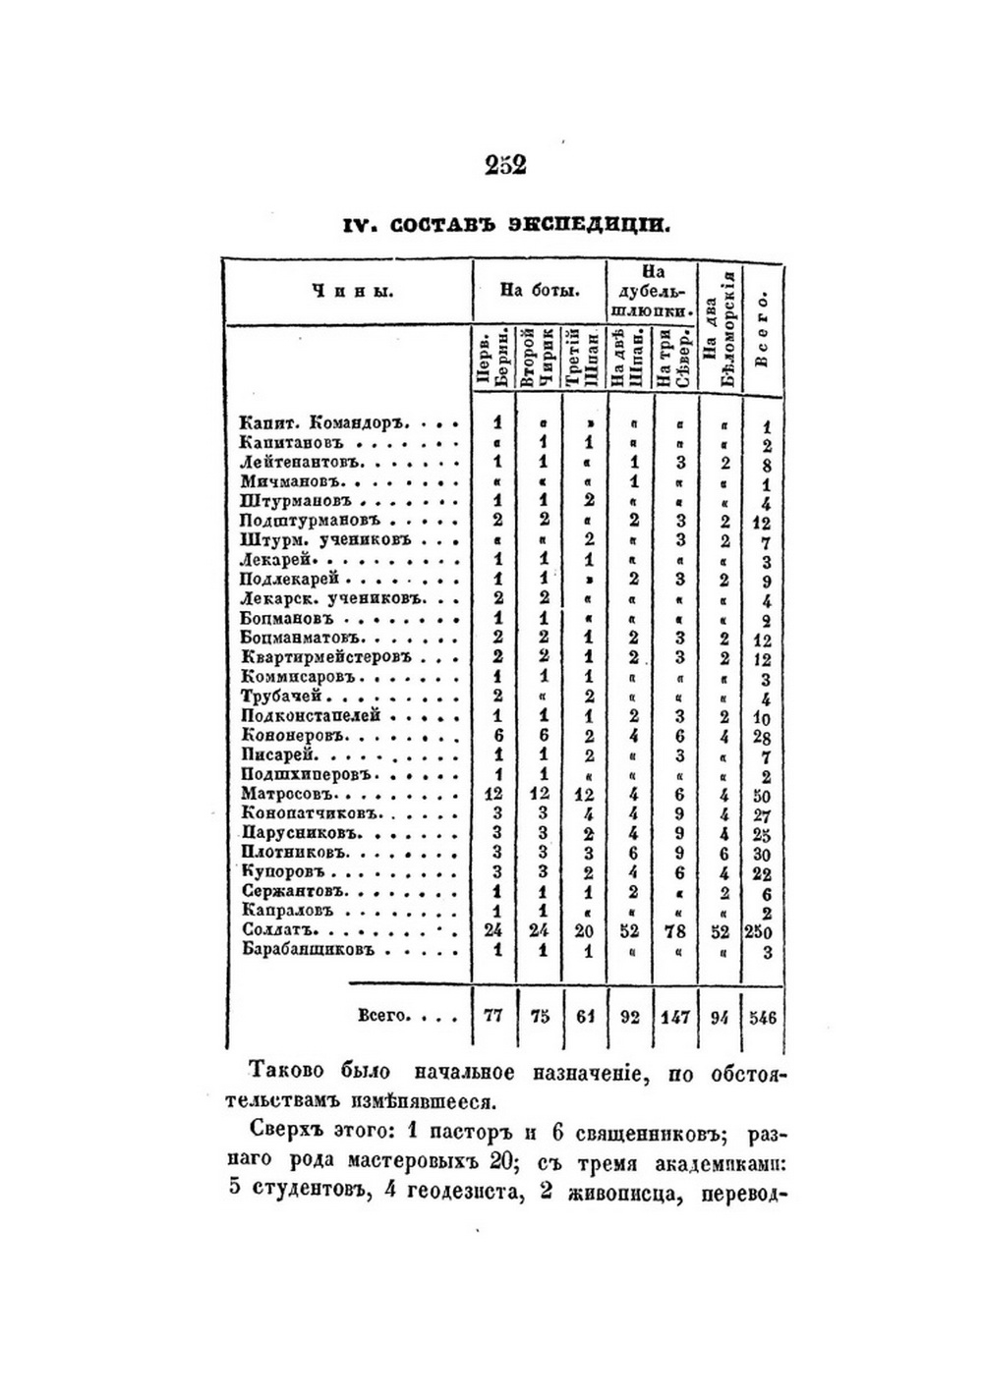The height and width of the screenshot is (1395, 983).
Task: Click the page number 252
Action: [506, 164]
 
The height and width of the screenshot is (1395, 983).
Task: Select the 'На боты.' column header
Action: [539, 290]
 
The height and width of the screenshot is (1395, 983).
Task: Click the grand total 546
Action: [763, 1018]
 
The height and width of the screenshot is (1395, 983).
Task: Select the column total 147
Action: [674, 1018]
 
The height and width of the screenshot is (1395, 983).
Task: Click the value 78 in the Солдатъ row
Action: [676, 931]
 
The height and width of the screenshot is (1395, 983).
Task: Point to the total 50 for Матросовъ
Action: [763, 795]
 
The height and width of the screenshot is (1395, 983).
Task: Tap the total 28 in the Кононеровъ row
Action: [763, 737]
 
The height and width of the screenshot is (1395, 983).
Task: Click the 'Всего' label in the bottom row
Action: [381, 1016]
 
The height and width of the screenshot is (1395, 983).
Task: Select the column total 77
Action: [494, 1018]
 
